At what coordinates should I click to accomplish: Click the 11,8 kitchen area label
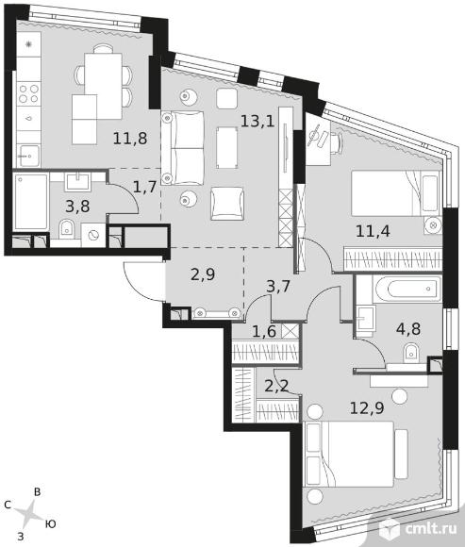[x=130, y=139]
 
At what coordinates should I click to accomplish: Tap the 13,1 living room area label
[x=257, y=121]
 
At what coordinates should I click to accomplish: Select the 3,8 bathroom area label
[x=77, y=207]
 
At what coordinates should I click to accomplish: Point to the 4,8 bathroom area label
[x=408, y=328]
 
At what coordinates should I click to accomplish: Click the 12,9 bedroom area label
[x=367, y=407]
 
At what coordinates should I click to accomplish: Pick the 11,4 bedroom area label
[x=373, y=231]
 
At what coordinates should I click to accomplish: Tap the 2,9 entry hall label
[x=203, y=274]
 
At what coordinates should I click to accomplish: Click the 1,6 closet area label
[x=264, y=331]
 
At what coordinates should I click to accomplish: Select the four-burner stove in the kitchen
[x=28, y=93]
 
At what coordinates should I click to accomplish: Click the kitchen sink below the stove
[x=29, y=157]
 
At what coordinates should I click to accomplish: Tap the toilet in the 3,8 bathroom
[x=66, y=229]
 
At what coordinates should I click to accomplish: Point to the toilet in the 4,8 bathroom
[x=411, y=353]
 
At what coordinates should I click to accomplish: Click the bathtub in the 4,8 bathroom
[x=407, y=289]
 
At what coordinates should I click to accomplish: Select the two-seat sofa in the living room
[x=182, y=148]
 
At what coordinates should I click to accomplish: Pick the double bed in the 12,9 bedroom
[x=349, y=454]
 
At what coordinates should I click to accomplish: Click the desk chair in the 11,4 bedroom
[x=337, y=142]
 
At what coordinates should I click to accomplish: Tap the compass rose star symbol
[x=28, y=513]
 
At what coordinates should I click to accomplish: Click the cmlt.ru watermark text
[x=431, y=529]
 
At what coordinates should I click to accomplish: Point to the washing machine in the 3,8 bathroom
[x=93, y=236]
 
